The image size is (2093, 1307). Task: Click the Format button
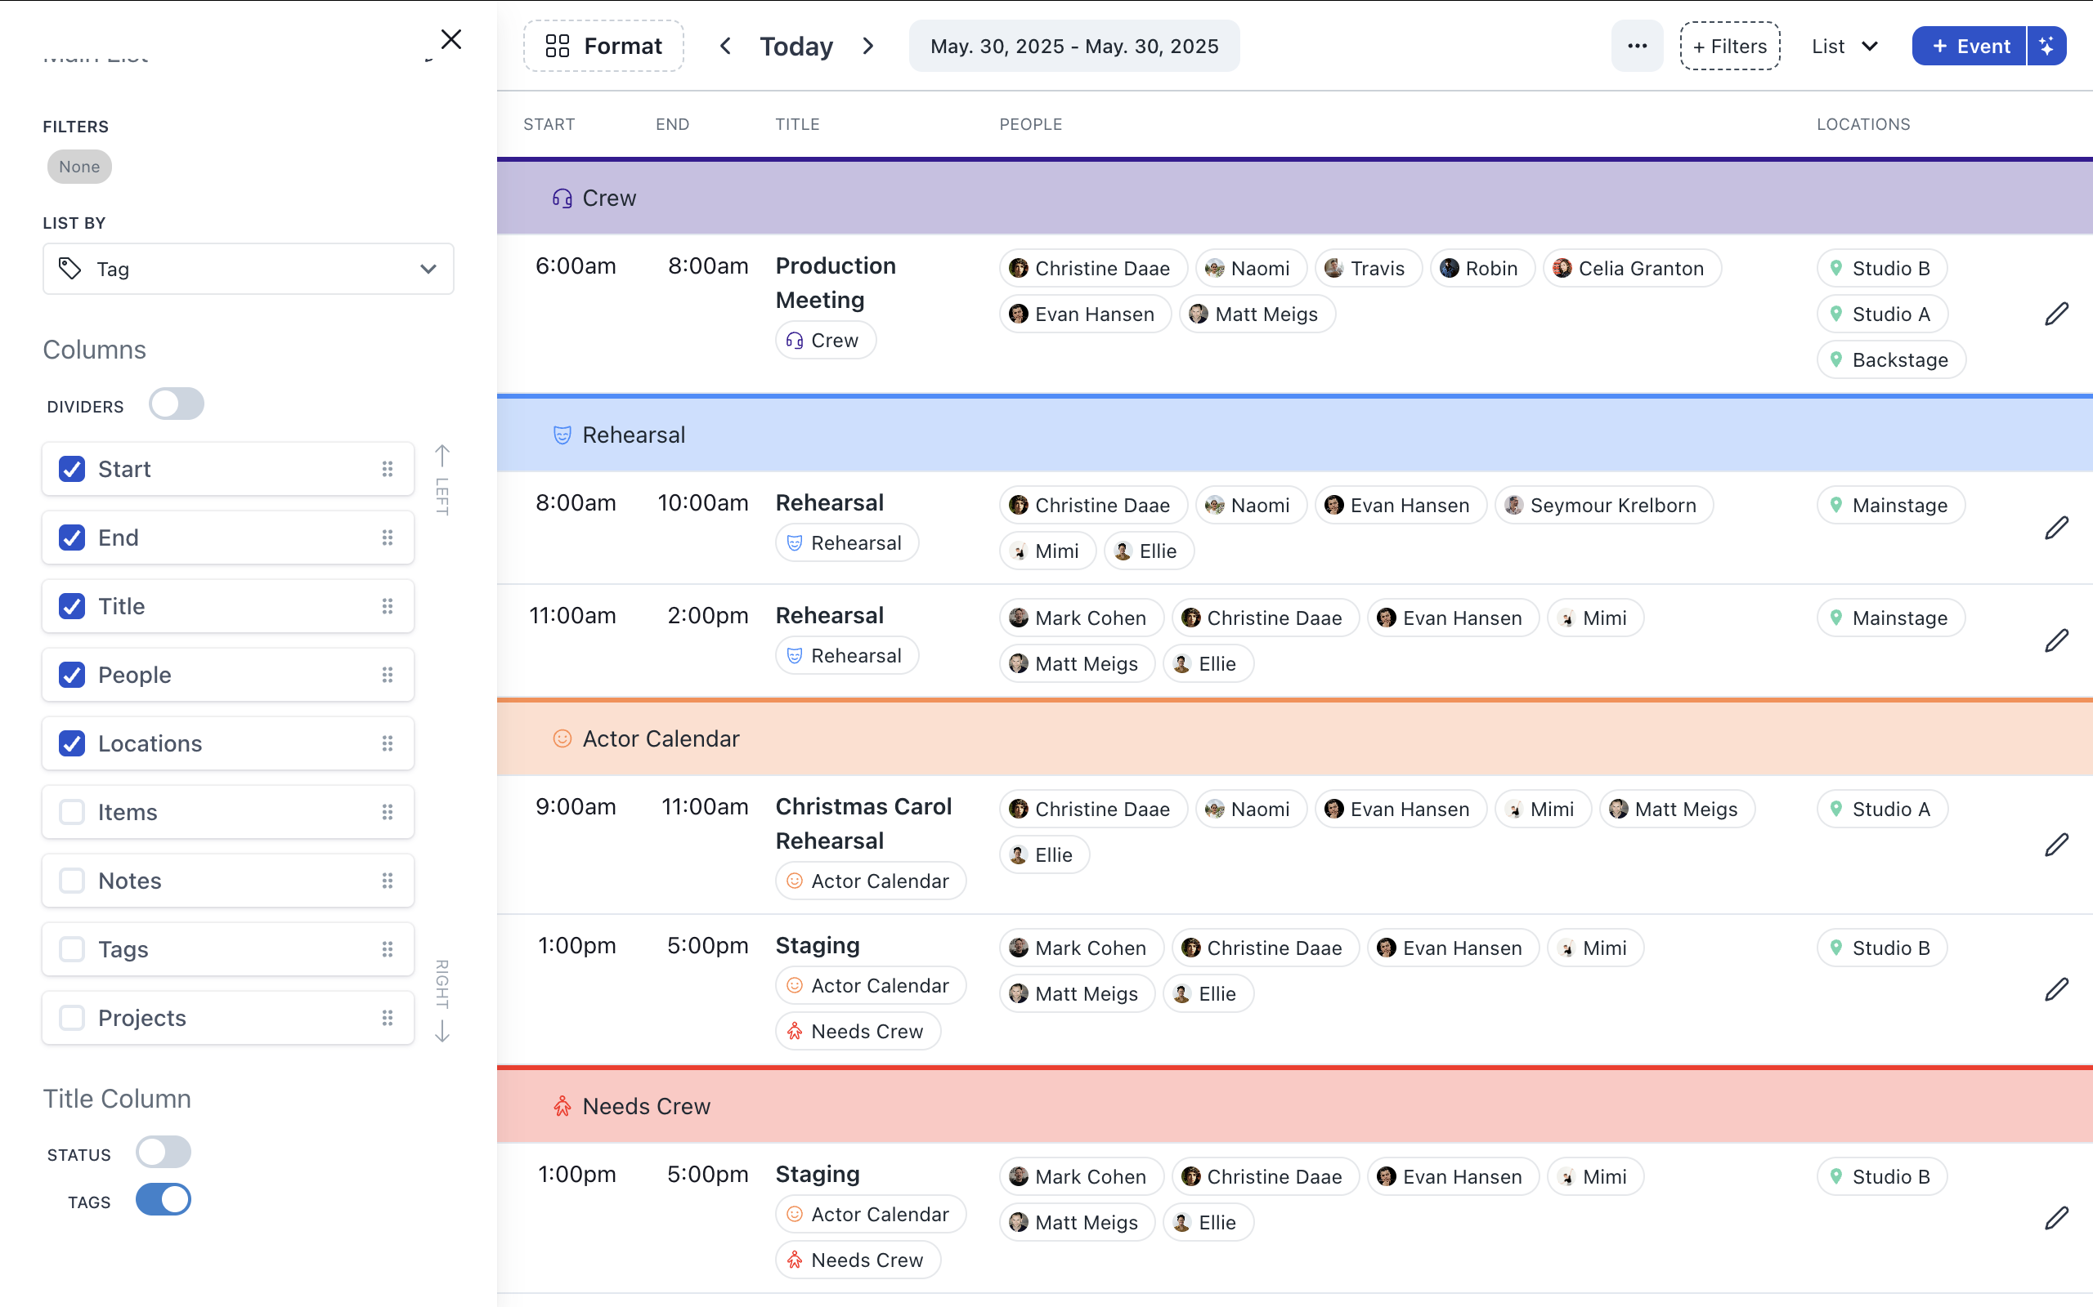pos(603,46)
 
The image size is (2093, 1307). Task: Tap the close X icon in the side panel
pos(450,40)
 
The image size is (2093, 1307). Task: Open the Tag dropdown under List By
pos(249,269)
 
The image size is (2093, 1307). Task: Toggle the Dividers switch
pos(177,404)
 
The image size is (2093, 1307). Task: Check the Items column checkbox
pos(72,812)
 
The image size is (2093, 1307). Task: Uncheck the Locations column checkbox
pos(72,743)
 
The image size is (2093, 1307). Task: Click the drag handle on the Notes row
pos(388,881)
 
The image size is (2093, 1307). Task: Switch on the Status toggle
pos(163,1153)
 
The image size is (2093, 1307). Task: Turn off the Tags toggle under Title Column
pos(163,1200)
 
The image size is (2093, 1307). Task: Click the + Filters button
pos(1730,47)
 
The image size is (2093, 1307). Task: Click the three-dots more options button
pos(1636,47)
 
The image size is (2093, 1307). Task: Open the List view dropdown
pos(1844,47)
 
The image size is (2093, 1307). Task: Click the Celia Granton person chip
pos(1631,269)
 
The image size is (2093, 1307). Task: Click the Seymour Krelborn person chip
pos(1603,506)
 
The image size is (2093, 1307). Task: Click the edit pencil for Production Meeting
pos(2056,314)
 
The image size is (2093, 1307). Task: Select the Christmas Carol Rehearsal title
pos(863,823)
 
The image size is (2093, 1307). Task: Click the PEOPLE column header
pos(1030,124)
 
